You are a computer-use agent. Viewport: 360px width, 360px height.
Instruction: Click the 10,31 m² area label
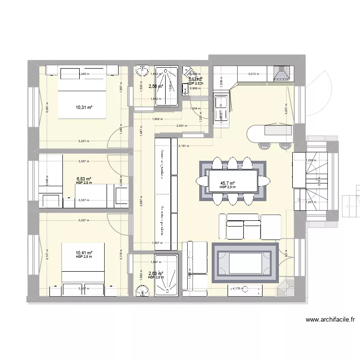coord(83,107)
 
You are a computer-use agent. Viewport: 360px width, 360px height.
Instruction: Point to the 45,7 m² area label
coord(228,183)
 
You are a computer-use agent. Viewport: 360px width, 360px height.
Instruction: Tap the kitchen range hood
coord(281,73)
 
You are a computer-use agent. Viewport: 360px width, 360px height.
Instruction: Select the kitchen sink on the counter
coord(221,102)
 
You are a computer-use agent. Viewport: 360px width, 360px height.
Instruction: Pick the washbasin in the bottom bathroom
coord(143,290)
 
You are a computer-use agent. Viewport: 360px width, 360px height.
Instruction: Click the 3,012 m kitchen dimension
coord(253,74)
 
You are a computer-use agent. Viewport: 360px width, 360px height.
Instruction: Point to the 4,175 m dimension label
coord(237,289)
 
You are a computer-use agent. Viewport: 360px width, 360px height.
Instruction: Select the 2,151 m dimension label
coord(183,146)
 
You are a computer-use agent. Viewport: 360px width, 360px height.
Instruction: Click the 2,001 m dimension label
coord(182,126)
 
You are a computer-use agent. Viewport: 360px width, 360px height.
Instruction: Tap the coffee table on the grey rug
coord(245,263)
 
